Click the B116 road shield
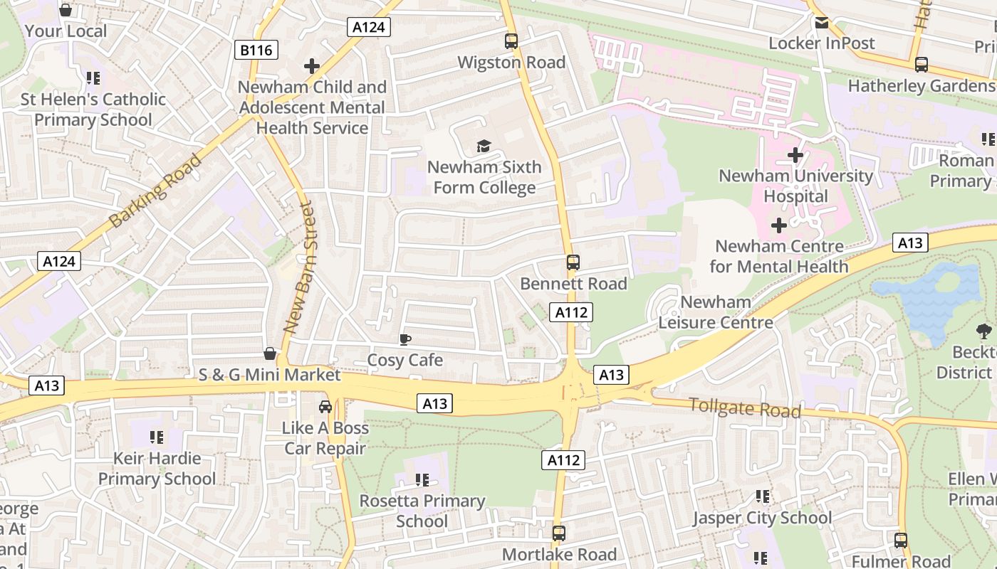pos(256,50)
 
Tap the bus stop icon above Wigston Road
pos(511,41)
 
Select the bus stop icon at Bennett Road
pos(573,262)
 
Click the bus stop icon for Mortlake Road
pos(559,533)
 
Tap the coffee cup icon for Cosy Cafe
pos(404,339)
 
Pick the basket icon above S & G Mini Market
pos(270,353)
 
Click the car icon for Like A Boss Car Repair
pos(325,407)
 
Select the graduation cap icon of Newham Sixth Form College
pos(484,147)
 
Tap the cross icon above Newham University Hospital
pos(795,154)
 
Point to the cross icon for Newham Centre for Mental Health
pos(779,225)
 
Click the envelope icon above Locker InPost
pos(821,23)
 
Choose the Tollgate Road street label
pos(745,408)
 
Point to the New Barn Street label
pos(298,267)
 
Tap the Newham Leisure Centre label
pos(715,312)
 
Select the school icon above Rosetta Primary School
pos(422,480)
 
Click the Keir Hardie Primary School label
pos(157,469)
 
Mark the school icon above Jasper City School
pos(763,496)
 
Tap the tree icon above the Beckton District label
pos(984,331)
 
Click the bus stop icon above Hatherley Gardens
pos(922,65)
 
